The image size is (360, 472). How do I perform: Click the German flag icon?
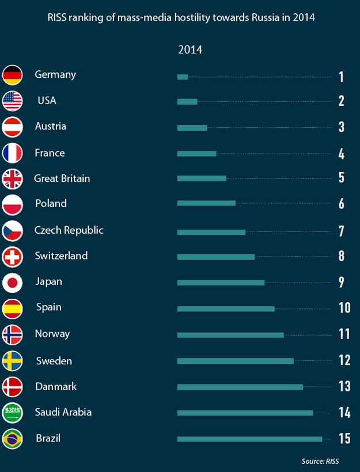coord(13,75)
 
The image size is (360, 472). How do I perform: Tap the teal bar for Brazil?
coord(249,439)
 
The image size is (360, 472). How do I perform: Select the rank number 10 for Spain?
coord(344,308)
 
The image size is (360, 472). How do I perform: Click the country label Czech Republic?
coord(69,230)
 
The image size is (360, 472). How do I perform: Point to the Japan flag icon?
coord(13,283)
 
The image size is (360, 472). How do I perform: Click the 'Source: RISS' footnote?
coord(320,461)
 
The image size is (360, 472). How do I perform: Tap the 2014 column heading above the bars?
coord(190,50)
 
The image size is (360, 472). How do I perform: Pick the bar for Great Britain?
coord(202,179)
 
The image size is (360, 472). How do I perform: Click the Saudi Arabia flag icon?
coord(13,413)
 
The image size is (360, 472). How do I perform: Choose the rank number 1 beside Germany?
coord(341,77)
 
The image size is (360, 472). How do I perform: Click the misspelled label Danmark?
coord(56,387)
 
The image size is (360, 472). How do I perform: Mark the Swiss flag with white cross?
coord(13,257)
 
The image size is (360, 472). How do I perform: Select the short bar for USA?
coord(187,102)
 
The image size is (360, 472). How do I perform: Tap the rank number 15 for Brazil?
coord(344,439)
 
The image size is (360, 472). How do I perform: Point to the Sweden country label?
coord(54,361)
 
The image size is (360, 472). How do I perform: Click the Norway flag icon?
coord(13,334)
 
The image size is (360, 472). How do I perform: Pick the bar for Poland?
coord(206,203)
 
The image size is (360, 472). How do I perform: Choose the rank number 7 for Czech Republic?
coord(342,231)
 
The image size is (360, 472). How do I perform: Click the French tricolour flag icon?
coord(13,153)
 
